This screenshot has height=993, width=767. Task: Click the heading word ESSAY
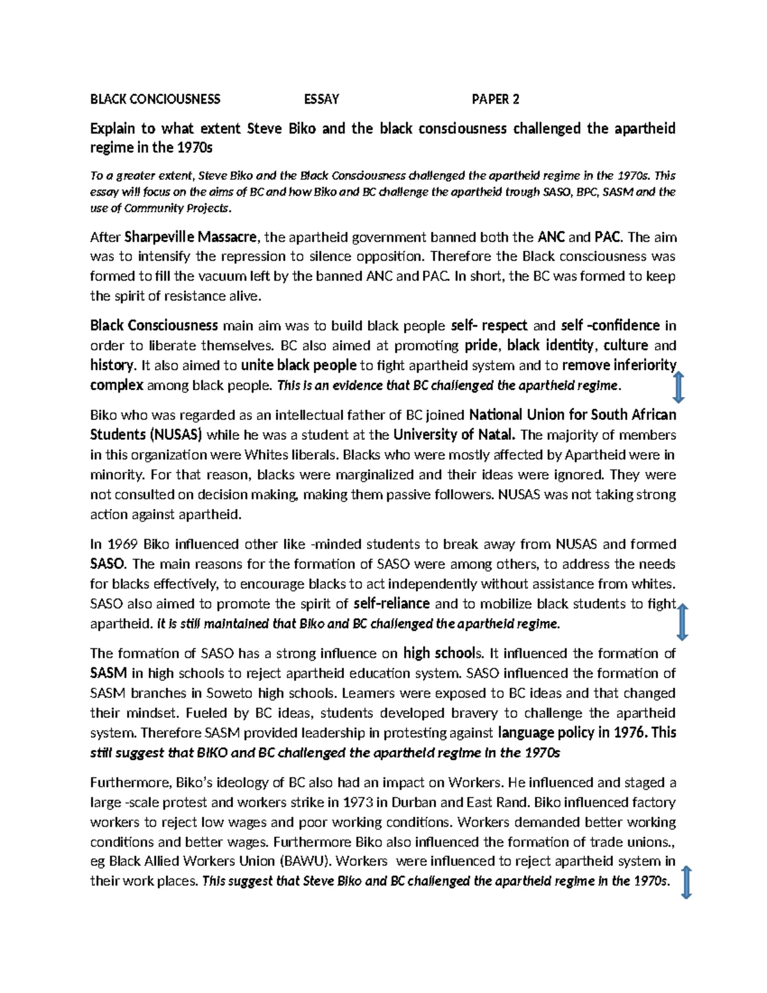[x=322, y=99]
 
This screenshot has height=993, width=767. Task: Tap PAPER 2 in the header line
[x=495, y=99]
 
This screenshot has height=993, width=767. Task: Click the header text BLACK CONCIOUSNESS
[x=155, y=99]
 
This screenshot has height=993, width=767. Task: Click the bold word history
[x=112, y=366]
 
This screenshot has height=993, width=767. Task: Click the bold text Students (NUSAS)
[x=146, y=435]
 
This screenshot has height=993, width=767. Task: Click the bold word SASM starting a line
[x=109, y=673]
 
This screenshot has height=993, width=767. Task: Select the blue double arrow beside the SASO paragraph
[x=682, y=622]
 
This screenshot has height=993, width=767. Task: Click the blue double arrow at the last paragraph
[x=686, y=882]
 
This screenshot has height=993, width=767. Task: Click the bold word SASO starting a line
[x=109, y=564]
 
